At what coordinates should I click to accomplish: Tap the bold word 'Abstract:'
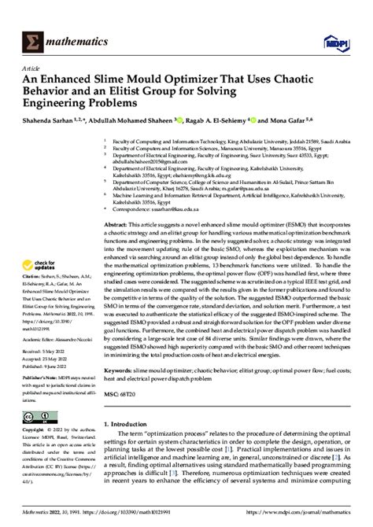[x=118, y=224]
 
